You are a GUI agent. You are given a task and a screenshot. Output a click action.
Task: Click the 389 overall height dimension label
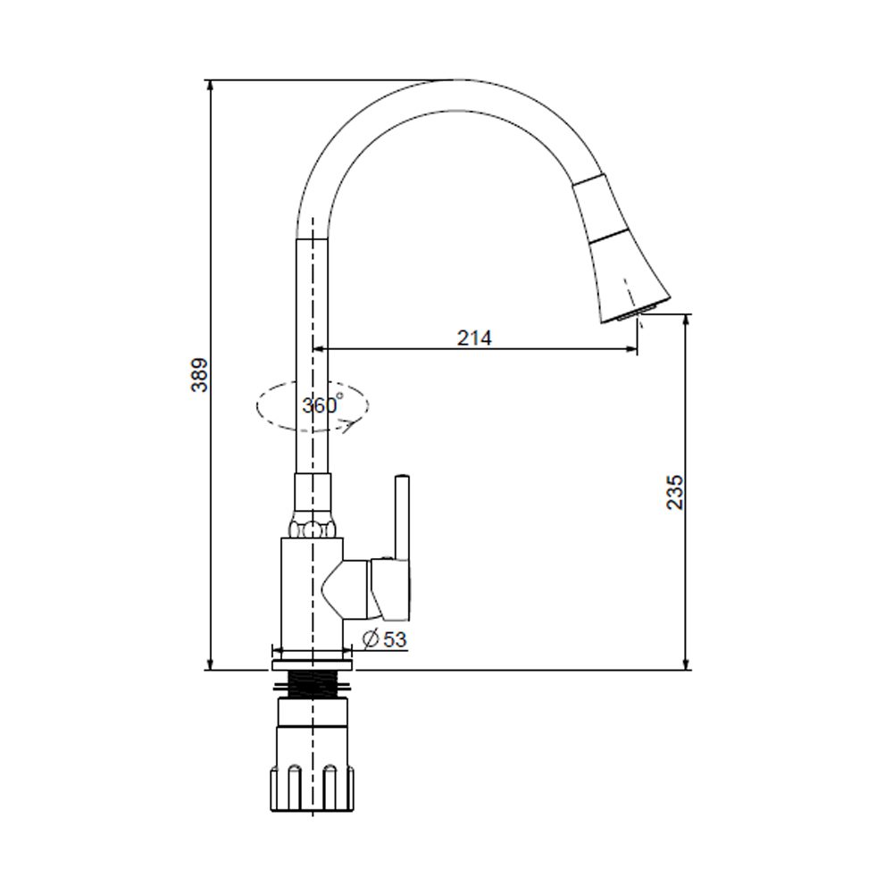tap(199, 375)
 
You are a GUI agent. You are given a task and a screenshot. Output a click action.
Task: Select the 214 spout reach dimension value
tap(474, 338)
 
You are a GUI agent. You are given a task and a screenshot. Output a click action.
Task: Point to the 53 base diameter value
tap(395, 639)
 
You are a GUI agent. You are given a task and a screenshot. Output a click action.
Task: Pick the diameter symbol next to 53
tap(371, 639)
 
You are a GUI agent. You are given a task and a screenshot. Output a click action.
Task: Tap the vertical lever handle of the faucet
tap(403, 518)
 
